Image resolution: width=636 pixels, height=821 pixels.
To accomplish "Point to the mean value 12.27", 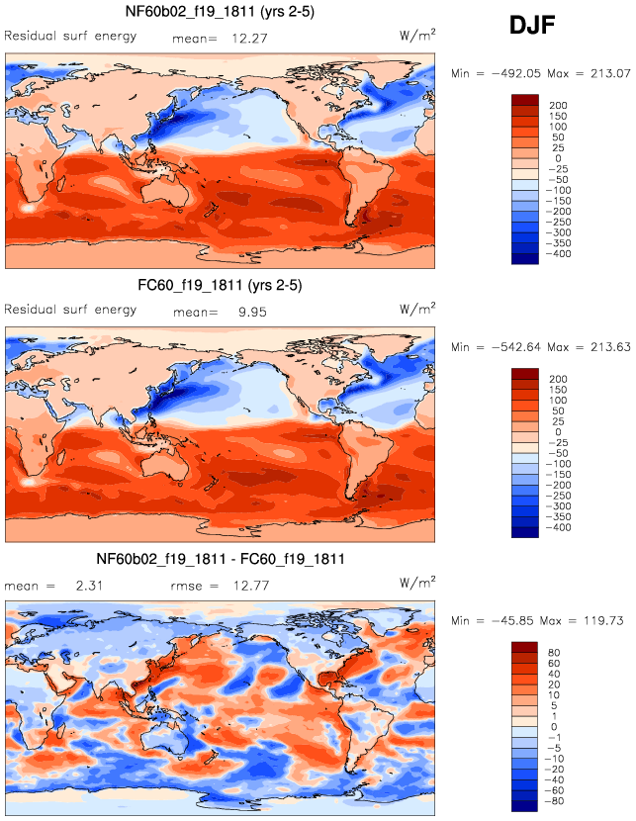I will coord(248,38).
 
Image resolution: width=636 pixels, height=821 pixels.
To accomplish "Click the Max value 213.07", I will coord(603,72).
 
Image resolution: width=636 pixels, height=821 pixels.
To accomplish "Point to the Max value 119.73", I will coord(603,620).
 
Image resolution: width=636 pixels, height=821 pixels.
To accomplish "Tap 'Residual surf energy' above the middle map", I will coord(71,312).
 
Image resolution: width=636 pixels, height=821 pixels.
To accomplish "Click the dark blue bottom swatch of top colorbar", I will coord(525,258).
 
